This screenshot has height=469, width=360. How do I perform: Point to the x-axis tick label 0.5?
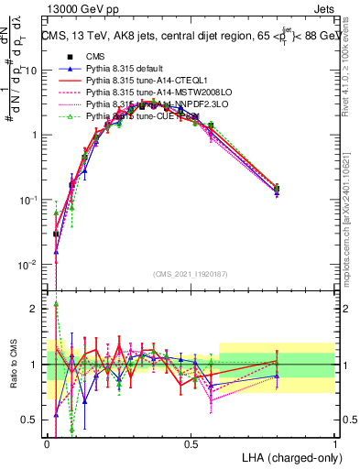(191, 442)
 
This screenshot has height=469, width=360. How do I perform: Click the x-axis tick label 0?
(47, 442)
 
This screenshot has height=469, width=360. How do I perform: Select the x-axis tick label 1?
(335, 442)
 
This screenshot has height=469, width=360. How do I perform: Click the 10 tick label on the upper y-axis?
(30, 71)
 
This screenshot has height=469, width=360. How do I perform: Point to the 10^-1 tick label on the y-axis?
(28, 200)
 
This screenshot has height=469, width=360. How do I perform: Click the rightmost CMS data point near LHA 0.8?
(277, 189)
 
